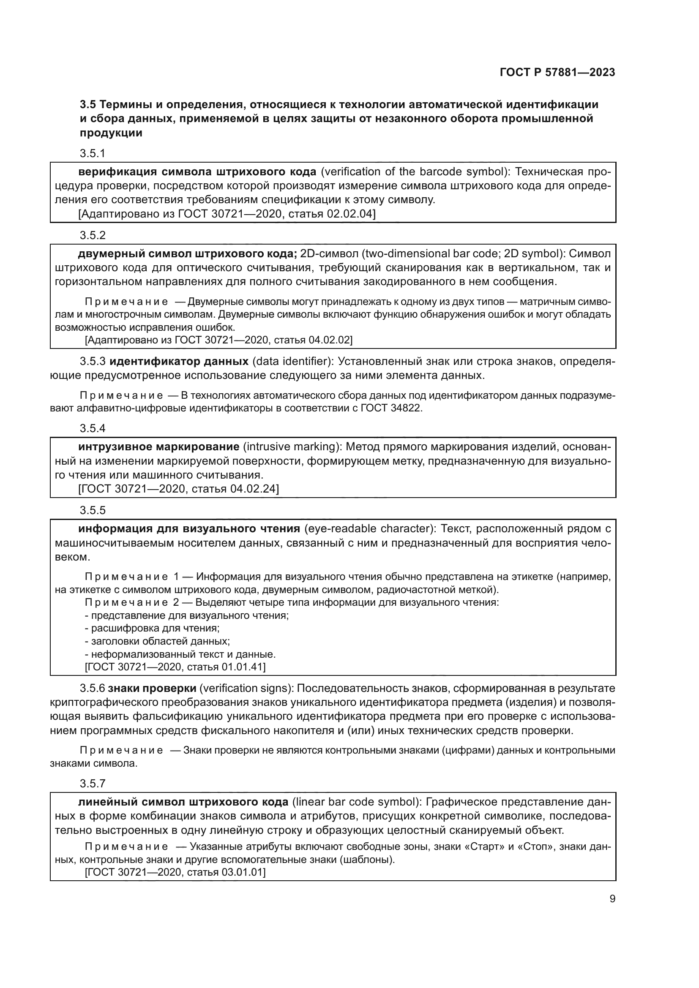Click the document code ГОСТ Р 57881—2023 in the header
557,72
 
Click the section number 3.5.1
92,153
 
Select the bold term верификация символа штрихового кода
197,171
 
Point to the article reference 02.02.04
350,214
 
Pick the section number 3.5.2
92,235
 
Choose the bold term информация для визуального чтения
189,528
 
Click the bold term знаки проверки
152,689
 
